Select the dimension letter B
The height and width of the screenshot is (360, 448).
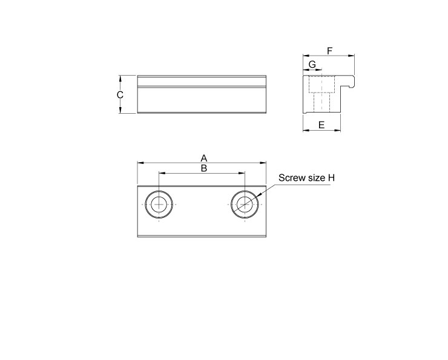[x=204, y=168]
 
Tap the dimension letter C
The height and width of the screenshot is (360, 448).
[x=120, y=94]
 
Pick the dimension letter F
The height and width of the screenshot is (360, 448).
[x=329, y=51]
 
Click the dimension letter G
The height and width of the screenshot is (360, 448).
[x=312, y=64]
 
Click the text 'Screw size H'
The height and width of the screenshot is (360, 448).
[x=306, y=178]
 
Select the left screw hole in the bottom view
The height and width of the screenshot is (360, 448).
[x=159, y=205]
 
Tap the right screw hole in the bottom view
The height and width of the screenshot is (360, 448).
[x=245, y=205]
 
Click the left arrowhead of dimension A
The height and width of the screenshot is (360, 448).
[x=140, y=162]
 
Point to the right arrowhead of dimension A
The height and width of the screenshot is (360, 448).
[x=263, y=162]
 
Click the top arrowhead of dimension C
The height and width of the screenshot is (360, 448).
[x=121, y=78]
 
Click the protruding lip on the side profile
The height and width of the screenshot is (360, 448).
[x=349, y=79]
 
